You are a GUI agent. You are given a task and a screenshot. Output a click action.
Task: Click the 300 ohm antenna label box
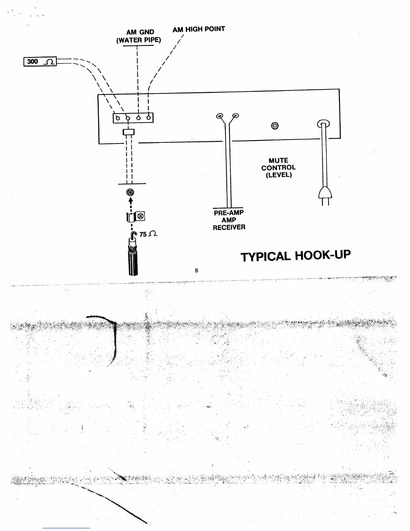click(x=40, y=62)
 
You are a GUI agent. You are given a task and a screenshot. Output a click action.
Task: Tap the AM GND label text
click(x=140, y=32)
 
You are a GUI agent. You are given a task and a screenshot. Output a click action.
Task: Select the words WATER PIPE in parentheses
click(x=139, y=40)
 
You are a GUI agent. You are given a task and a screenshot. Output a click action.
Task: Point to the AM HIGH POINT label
click(x=199, y=29)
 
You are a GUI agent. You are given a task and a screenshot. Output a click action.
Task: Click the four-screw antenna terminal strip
click(x=133, y=118)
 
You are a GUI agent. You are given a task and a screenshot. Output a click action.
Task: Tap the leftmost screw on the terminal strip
click(x=118, y=118)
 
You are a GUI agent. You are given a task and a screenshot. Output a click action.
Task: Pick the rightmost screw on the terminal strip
click(x=148, y=118)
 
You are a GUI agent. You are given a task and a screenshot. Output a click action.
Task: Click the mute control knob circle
click(x=275, y=126)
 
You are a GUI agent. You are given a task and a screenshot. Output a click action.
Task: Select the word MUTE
click(x=278, y=161)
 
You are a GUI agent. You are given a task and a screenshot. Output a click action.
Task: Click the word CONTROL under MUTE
click(x=278, y=168)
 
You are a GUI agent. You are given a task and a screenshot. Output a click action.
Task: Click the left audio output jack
click(x=219, y=116)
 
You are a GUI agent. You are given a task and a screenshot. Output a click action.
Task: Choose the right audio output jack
click(x=236, y=116)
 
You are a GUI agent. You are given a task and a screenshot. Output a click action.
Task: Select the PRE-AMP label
click(x=229, y=213)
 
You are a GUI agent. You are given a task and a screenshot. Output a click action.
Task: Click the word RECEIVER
click(x=229, y=227)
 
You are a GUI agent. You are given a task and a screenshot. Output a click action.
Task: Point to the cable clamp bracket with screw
click(x=135, y=217)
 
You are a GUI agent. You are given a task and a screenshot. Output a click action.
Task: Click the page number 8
click(x=197, y=270)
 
